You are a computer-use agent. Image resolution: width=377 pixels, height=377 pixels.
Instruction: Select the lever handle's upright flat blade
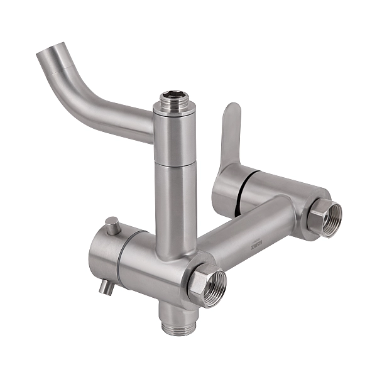tap(230, 135)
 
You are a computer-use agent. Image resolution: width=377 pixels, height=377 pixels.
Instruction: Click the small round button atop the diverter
tap(112, 223)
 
